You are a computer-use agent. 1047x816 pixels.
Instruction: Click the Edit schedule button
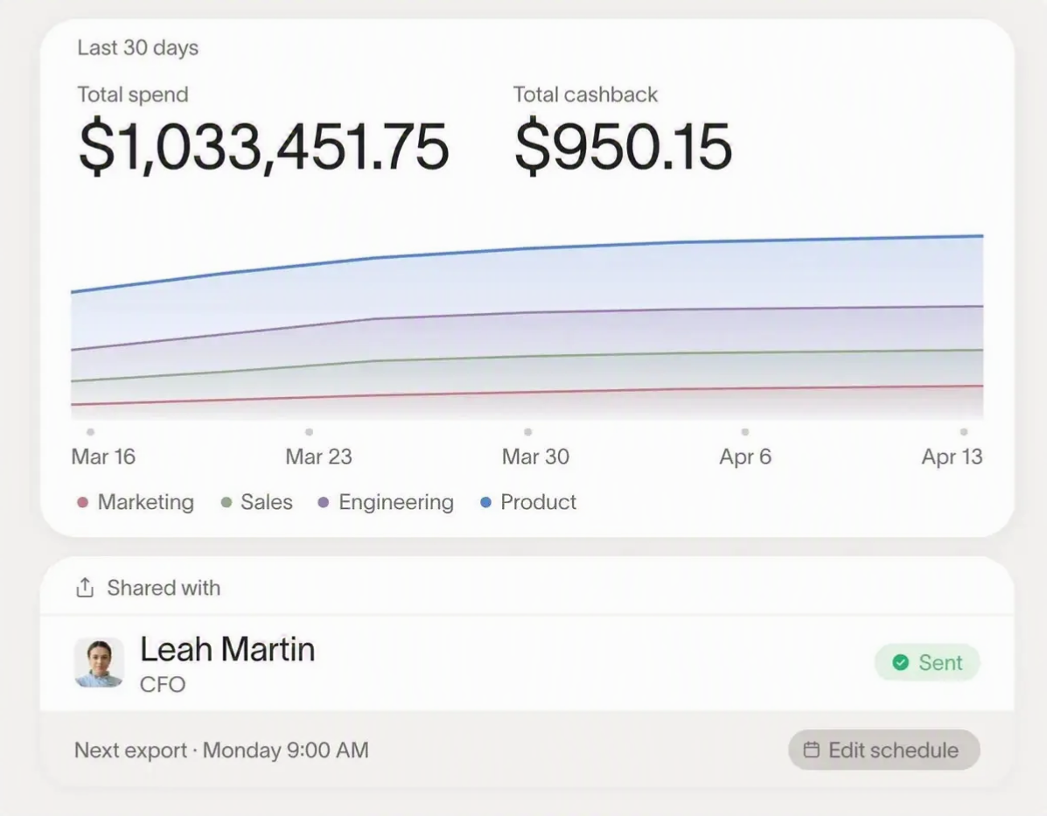click(x=884, y=750)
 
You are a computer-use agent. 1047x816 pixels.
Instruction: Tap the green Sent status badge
click(x=927, y=662)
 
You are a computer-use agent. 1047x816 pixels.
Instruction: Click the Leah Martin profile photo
click(x=99, y=662)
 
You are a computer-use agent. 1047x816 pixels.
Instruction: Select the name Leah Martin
click(x=227, y=649)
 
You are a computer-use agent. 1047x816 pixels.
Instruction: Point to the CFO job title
click(x=163, y=685)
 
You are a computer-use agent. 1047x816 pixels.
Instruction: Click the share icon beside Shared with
click(x=85, y=588)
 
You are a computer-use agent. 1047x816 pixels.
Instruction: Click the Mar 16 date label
click(x=103, y=457)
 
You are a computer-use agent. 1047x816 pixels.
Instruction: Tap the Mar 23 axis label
click(x=318, y=457)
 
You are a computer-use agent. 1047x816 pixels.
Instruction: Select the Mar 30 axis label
click(x=535, y=457)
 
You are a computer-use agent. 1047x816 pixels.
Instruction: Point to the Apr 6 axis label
click(x=745, y=457)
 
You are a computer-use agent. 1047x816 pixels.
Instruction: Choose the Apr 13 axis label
click(x=953, y=457)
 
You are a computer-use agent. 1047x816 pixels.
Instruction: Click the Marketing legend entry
click(x=136, y=502)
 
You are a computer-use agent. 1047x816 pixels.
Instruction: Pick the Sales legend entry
click(x=257, y=502)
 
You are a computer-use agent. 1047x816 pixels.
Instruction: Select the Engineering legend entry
click(x=386, y=502)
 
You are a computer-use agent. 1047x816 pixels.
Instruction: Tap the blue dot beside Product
click(x=486, y=502)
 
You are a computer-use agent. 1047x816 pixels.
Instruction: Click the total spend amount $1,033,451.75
click(x=264, y=146)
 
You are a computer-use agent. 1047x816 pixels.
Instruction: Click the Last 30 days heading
click(x=137, y=48)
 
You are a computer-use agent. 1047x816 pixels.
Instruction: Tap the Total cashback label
click(x=585, y=94)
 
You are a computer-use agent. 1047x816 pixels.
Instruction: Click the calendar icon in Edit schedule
click(x=812, y=750)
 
